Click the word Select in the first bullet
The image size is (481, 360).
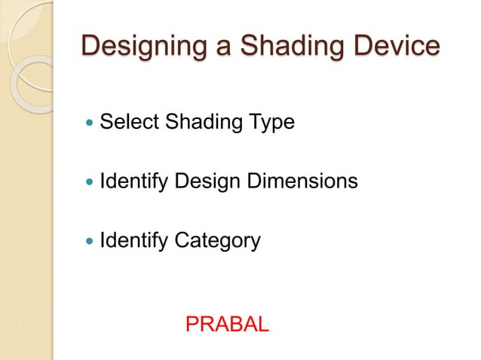click(125, 121)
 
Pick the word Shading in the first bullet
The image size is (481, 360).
click(193, 121)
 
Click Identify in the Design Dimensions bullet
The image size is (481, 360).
click(132, 182)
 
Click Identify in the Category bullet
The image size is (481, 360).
click(132, 242)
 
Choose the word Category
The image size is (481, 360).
click(217, 242)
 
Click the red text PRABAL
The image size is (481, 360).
click(226, 325)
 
